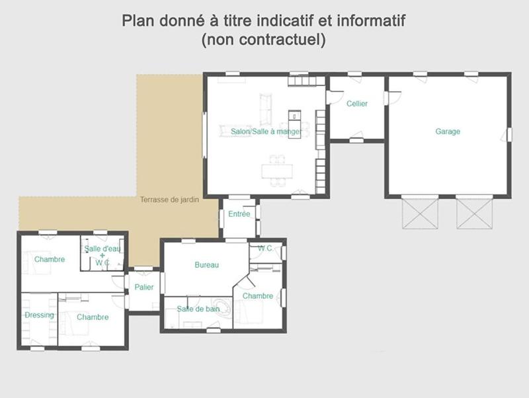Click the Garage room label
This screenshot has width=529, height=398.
(x=448, y=132)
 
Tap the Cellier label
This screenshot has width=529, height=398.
(x=357, y=104)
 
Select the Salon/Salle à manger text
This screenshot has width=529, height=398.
(x=266, y=132)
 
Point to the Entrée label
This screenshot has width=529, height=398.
(x=239, y=214)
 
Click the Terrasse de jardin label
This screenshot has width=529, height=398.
(x=169, y=200)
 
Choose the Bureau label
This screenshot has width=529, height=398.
(x=206, y=265)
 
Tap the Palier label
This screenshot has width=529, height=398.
(x=144, y=287)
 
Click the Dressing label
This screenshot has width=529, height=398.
(x=39, y=315)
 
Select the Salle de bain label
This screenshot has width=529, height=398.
(x=198, y=309)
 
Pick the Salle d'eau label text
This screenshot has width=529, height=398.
(x=102, y=249)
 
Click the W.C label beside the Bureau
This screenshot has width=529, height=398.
(x=265, y=249)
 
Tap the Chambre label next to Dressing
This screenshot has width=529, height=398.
(x=93, y=317)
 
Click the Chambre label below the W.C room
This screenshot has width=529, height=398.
(x=258, y=296)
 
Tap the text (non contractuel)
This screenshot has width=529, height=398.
(x=264, y=40)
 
